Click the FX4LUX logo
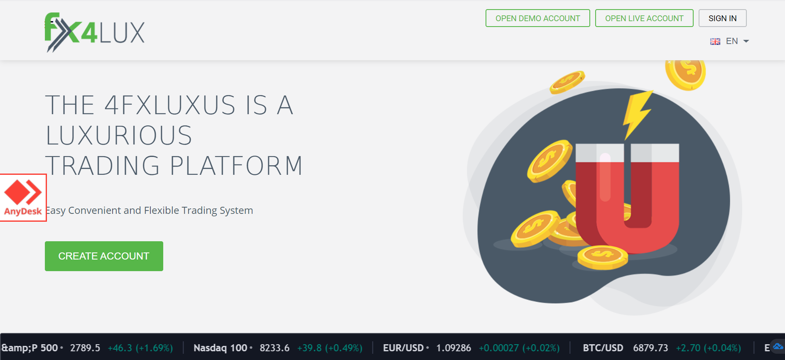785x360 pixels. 95,32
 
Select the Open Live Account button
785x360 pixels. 644,18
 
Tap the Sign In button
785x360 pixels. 722,18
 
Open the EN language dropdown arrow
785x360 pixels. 746,41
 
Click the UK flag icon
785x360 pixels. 715,42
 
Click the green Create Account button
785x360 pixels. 104,256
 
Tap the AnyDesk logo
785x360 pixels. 23,198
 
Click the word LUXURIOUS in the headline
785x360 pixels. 119,135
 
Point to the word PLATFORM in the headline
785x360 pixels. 236,166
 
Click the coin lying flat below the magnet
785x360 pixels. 602,257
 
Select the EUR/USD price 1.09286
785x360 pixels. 454,348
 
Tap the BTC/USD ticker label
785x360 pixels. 603,348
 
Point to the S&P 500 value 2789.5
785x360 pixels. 85,348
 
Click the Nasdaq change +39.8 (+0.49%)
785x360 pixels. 330,348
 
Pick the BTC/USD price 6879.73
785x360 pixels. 650,348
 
